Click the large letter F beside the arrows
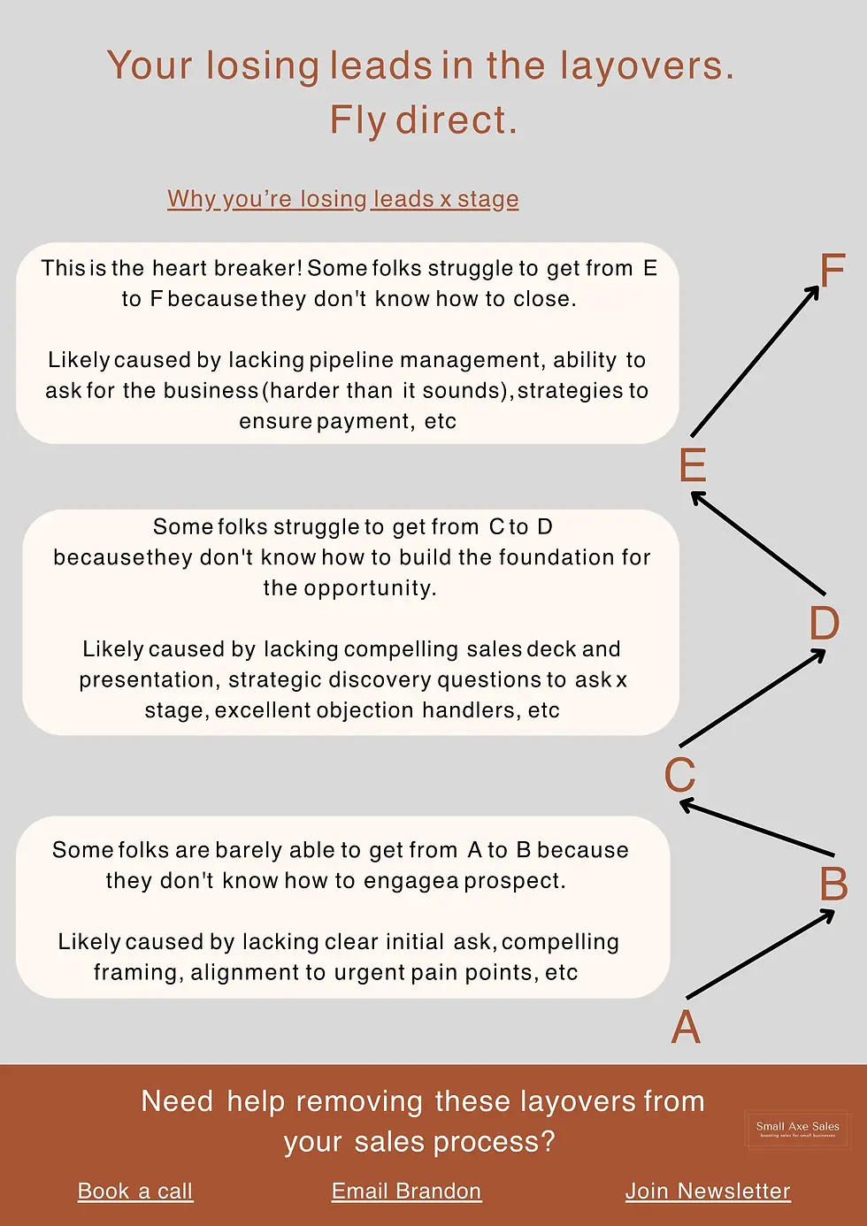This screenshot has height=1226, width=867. point(832,271)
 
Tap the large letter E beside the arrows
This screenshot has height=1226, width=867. point(693,465)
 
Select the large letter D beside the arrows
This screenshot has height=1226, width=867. point(825,624)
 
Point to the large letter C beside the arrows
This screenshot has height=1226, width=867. point(679,775)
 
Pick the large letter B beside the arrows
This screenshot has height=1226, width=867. point(833,885)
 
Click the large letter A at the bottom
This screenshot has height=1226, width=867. point(686,1028)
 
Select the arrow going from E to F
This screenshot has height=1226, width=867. point(755,361)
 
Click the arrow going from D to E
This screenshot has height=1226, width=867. point(758,543)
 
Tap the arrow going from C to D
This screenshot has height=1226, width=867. point(753,698)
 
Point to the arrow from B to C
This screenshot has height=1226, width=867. point(756,828)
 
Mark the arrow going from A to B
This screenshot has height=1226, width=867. point(761,954)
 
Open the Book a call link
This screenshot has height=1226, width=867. point(135,1192)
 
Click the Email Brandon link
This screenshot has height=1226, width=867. point(406,1192)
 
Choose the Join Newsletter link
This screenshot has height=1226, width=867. point(708,1192)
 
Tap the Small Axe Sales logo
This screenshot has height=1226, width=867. point(797,1129)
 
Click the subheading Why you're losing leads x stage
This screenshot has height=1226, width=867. point(343,199)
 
